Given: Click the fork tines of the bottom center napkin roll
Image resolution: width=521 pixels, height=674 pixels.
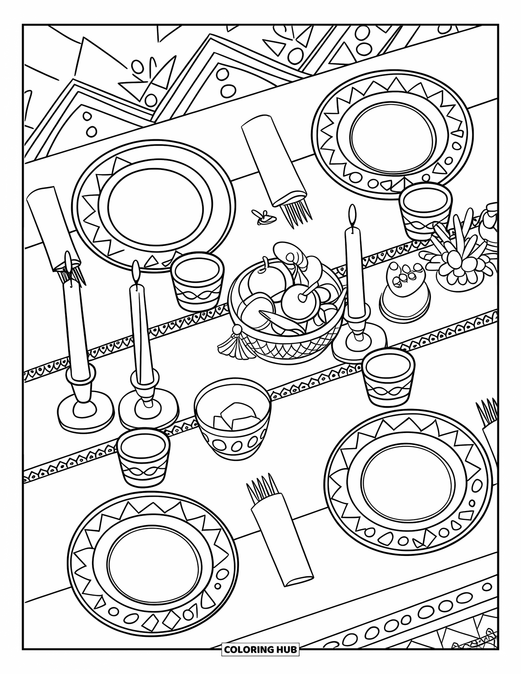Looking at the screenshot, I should (260, 487).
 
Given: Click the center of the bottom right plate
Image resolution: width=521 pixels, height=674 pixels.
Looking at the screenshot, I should (408, 478).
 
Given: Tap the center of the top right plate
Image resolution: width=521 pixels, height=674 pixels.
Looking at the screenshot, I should (392, 136).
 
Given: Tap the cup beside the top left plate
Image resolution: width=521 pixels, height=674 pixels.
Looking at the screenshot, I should (198, 281).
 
